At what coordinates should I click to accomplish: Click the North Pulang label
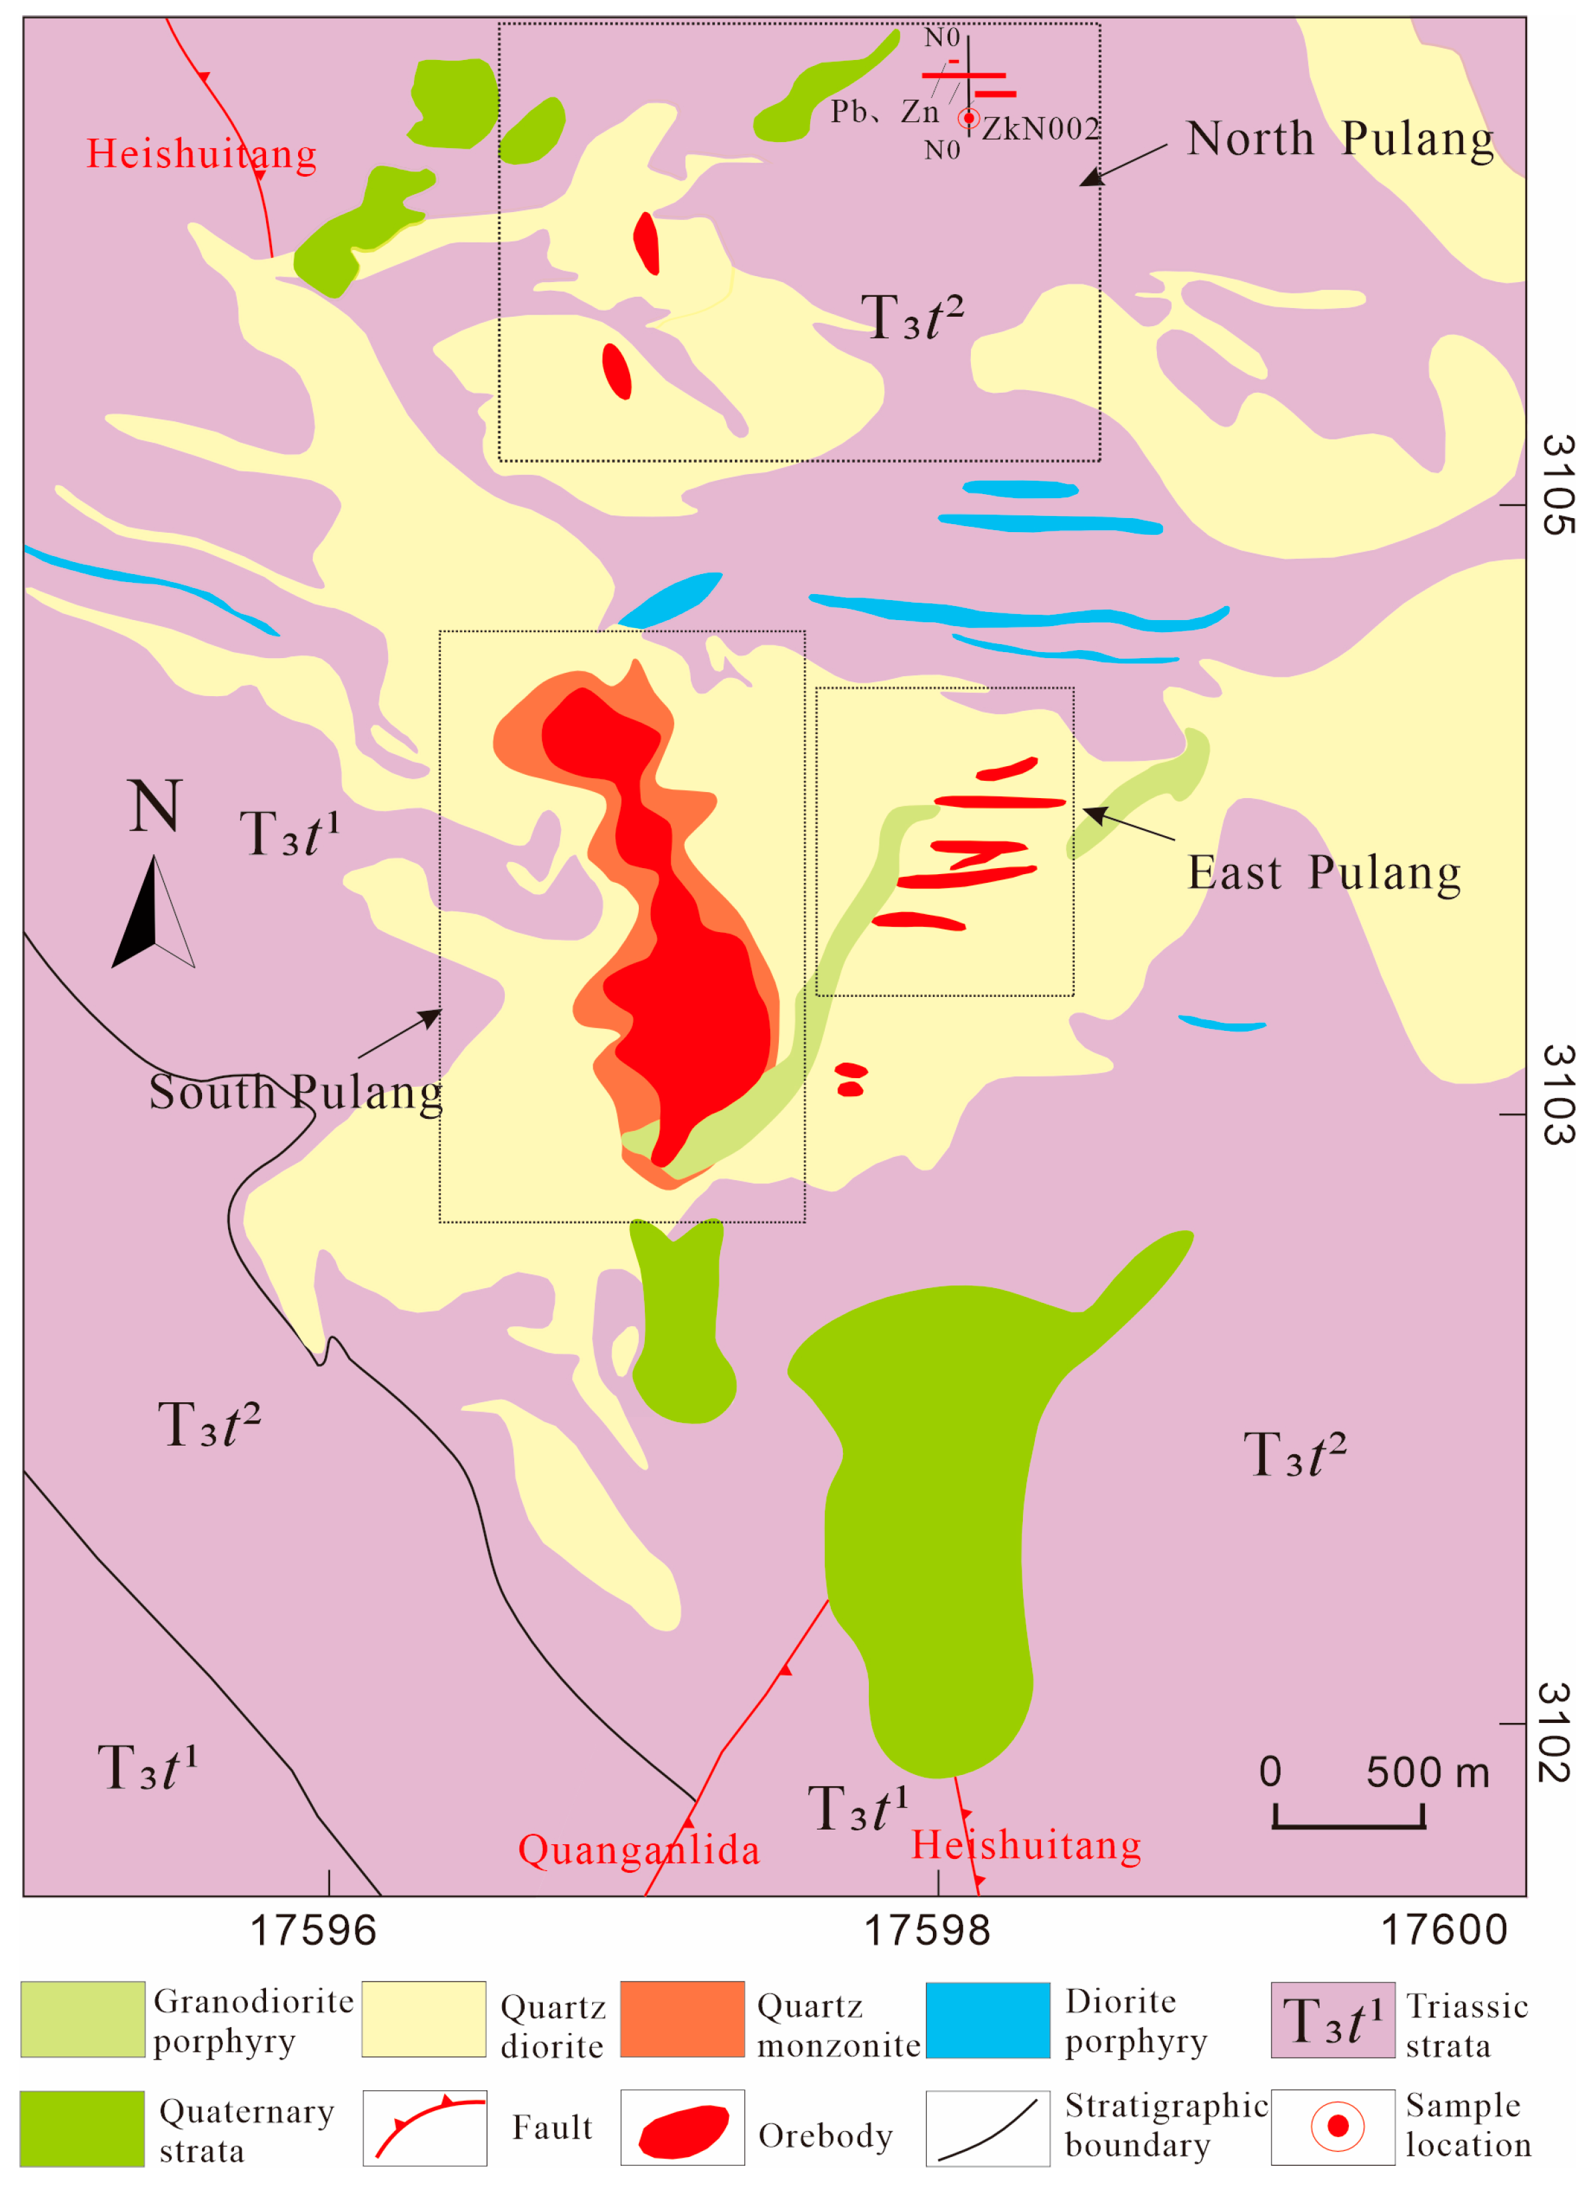(x=1339, y=139)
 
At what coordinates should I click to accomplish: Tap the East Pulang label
(x=1323, y=873)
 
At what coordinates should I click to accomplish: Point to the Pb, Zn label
(x=884, y=112)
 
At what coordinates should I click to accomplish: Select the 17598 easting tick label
(x=927, y=1930)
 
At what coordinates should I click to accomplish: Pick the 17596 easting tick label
(x=313, y=1930)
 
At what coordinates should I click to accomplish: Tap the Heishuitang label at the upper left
(x=201, y=153)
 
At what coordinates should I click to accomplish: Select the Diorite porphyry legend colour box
(x=988, y=2019)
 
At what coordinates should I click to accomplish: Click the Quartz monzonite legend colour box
(x=681, y=2019)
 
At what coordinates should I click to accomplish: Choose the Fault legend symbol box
(x=424, y=2127)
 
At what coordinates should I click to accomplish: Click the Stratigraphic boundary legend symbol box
(x=988, y=2127)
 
